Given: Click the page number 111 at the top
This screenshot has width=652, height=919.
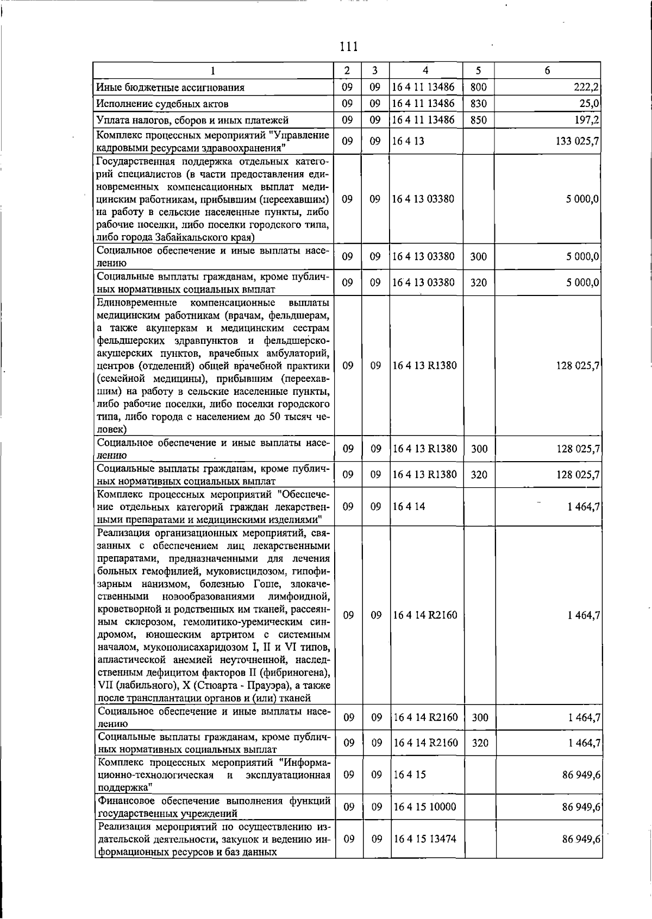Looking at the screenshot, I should click(348, 47).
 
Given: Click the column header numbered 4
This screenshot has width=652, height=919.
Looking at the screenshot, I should click(425, 70).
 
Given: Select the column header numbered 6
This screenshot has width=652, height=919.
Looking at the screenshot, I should click(547, 70).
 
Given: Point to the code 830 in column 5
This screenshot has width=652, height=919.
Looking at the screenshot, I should click(478, 104).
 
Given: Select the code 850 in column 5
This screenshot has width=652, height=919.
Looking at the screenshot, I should click(478, 120).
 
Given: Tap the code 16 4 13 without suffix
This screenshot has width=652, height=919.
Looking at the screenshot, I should click(408, 141).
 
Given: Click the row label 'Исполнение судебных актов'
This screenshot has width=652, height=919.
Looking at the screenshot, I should click(162, 104).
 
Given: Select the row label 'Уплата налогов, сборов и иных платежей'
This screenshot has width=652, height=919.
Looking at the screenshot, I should click(192, 120).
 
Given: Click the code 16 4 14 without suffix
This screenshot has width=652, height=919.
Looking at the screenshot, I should click(409, 507).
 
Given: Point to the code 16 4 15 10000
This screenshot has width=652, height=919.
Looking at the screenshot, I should click(424, 807).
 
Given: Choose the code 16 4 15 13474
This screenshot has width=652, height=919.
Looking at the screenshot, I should click(424, 839).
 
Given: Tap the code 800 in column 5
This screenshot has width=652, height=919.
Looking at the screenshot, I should click(478, 87).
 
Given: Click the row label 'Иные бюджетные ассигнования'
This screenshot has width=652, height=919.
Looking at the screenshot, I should click(170, 87).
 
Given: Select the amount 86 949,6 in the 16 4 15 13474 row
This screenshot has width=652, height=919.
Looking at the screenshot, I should click(581, 839).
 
